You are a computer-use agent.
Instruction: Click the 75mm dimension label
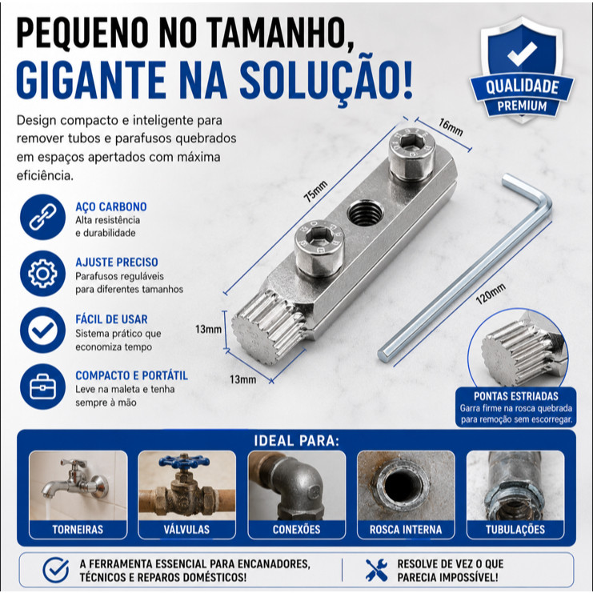point(316,191)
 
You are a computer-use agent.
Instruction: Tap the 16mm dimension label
point(451,127)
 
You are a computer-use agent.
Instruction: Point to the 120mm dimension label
point(491,294)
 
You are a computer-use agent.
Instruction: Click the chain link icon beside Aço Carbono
point(42,217)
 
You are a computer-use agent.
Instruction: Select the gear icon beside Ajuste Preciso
point(42,274)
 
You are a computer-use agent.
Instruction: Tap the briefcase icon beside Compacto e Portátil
point(42,387)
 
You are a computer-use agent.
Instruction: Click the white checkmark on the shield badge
point(522,54)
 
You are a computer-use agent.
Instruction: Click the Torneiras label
point(78,529)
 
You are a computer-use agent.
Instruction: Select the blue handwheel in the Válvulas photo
point(184,461)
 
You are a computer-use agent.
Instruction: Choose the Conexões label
point(296,529)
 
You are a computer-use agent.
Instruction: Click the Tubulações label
point(515,529)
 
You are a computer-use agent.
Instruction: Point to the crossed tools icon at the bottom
point(376,570)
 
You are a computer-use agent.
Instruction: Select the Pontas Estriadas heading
point(516,396)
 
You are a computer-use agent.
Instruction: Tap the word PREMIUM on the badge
point(522,106)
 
